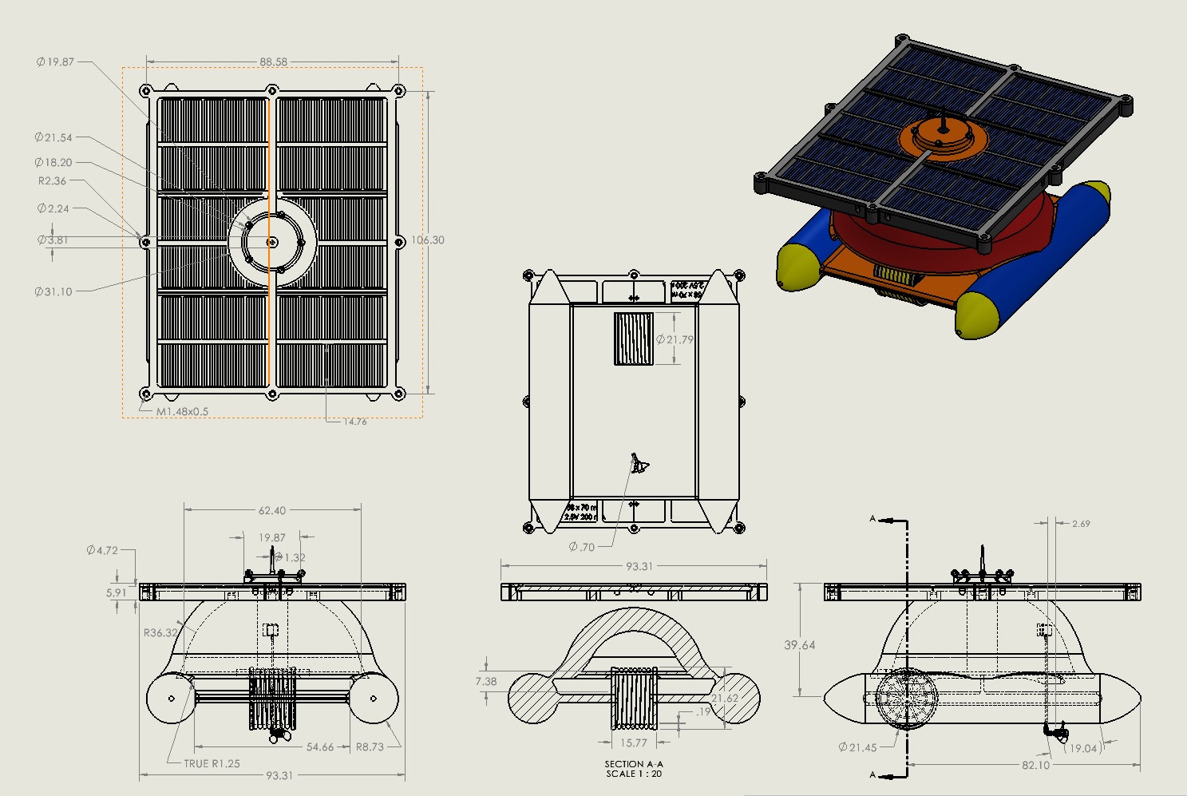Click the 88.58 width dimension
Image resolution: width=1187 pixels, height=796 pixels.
point(273,61)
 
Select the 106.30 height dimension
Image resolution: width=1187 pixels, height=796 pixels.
point(428,240)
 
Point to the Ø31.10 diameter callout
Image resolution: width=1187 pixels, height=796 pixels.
point(53,292)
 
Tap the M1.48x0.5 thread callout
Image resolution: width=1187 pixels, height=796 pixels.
point(182,412)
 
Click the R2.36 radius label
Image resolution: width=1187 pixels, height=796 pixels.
point(53,181)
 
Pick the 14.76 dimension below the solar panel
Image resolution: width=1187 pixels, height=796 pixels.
point(355,422)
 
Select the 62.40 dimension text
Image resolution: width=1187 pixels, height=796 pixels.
point(271,511)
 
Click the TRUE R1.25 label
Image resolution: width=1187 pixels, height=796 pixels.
point(212,764)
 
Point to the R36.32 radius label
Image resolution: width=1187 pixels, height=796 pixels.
point(161,633)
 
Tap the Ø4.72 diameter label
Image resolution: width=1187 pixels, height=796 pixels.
point(102,550)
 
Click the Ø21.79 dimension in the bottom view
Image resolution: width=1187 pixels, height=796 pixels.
point(675,340)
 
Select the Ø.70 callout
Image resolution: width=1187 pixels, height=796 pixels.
point(582,548)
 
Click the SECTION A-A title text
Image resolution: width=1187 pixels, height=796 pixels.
point(634,764)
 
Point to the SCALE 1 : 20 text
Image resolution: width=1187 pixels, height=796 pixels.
point(634,774)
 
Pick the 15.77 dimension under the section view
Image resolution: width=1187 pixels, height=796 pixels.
point(634,743)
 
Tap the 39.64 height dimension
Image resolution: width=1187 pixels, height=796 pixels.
point(799,645)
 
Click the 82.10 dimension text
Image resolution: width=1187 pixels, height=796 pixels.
point(1035,766)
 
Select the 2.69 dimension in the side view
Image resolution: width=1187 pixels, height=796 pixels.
point(1081,524)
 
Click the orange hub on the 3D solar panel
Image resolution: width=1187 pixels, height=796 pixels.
point(944,137)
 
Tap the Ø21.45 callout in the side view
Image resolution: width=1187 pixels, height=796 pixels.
point(857,748)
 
